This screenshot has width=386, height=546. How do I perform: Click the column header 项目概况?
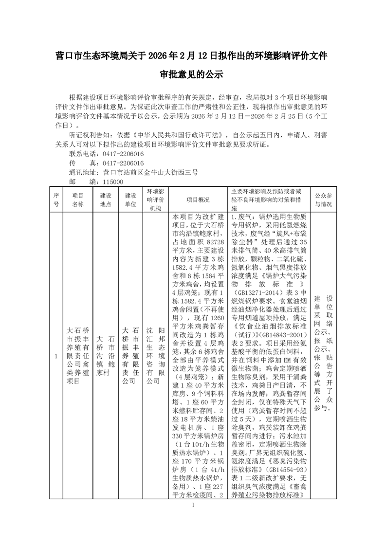click(198, 200)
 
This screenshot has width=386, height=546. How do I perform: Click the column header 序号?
click(56, 200)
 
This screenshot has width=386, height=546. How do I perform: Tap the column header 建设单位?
click(130, 200)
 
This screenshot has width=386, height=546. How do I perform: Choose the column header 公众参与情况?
click(323, 200)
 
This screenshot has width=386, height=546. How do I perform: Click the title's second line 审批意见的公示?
click(193, 75)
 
